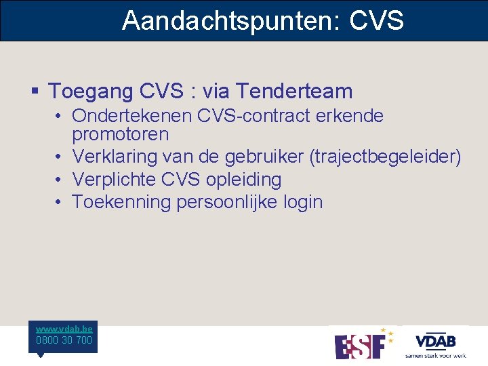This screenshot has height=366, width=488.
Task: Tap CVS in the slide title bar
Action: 377,21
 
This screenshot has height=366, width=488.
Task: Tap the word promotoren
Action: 120,134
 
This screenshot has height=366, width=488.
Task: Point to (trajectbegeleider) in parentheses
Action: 385,157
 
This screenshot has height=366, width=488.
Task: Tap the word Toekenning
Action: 121,202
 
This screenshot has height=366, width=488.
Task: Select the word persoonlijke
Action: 228,202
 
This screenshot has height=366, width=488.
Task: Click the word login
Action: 304,202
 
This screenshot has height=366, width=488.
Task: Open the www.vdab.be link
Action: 64,329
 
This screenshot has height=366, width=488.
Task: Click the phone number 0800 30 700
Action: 64,340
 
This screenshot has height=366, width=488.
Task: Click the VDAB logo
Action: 435,343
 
